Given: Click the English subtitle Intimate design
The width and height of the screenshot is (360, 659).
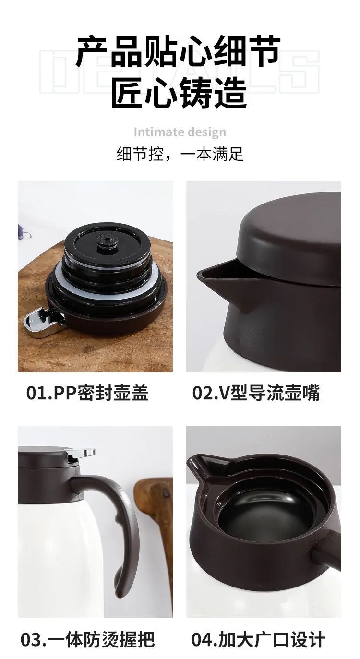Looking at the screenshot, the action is click(x=180, y=132).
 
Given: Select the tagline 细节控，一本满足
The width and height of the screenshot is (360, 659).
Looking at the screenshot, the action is click(x=180, y=154).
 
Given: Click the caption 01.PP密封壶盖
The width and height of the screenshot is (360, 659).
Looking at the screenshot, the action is click(x=87, y=393).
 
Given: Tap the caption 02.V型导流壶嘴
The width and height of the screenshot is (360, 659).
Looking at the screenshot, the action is click(x=256, y=393).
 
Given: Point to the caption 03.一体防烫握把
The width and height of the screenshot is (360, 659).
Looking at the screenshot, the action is click(x=88, y=638).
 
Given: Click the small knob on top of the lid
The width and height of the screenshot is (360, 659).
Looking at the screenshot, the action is click(x=107, y=243).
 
